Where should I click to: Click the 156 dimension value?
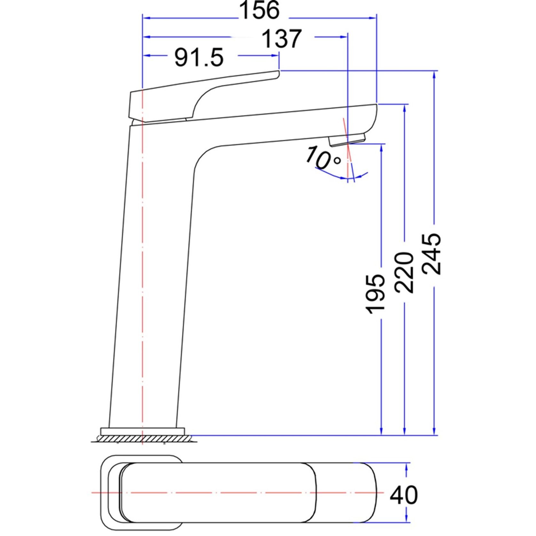click(x=259, y=10)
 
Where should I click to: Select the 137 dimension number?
click(x=281, y=39)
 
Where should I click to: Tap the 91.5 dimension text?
click(x=199, y=58)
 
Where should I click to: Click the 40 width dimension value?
click(x=404, y=495)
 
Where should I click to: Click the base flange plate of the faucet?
click(x=143, y=431)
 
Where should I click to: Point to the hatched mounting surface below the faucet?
click(x=144, y=438)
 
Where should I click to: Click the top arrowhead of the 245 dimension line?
click(x=434, y=75)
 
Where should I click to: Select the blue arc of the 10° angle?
click(x=333, y=175)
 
